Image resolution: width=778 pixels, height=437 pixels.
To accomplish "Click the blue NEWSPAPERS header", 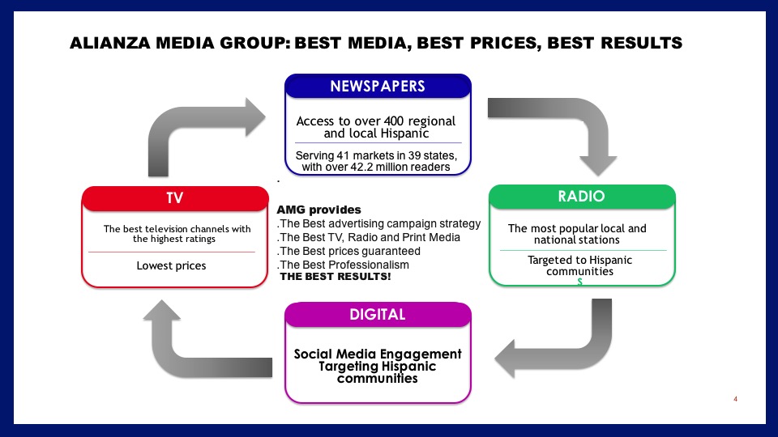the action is point(378,87).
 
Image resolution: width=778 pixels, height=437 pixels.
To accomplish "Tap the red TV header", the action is point(175,198).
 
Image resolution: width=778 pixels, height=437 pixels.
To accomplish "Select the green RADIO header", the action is point(582,196).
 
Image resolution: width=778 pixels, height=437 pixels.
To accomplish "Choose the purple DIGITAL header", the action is point(378,315).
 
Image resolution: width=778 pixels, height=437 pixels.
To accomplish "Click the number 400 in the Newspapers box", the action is point(394,121).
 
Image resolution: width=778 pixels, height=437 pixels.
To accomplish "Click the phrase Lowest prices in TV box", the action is point(171,265).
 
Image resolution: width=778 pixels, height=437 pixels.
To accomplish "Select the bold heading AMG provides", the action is point(319,210).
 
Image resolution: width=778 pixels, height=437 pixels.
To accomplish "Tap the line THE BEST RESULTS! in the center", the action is point(336,277).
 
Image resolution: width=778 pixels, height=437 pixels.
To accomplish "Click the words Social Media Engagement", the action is point(378,354).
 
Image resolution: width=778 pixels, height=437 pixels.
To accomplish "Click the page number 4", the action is point(735,399).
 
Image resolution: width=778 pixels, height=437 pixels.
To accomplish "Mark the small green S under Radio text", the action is point(579,282).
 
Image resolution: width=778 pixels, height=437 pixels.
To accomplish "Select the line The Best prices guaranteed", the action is point(348,251).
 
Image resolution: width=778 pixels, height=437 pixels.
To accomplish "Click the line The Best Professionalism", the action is point(344,265).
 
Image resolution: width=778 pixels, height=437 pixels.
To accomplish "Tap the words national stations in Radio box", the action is point(576,240).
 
